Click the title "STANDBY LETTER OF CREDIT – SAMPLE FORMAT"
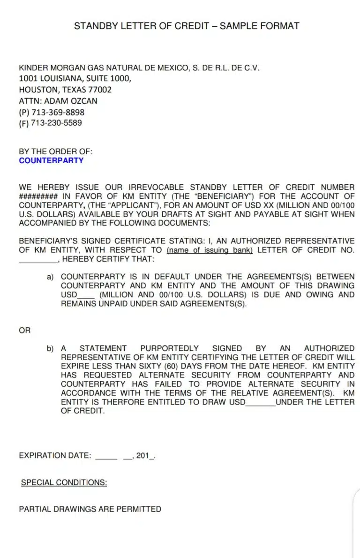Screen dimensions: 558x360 pyautogui.click(x=187, y=26)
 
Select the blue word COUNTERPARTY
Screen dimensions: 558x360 pyautogui.click(x=51, y=160)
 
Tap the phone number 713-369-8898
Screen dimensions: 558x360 pyautogui.click(x=58, y=112)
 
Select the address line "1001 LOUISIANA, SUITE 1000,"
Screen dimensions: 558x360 pyautogui.click(x=75, y=78)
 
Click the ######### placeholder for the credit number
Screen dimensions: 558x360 pyautogui.click(x=38, y=196)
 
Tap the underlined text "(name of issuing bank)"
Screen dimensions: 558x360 pyautogui.click(x=210, y=250)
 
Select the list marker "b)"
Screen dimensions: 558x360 pyautogui.click(x=50, y=348)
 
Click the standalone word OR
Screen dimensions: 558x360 pyautogui.click(x=25, y=331)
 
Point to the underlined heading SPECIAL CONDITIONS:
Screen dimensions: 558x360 pyautogui.click(x=64, y=483)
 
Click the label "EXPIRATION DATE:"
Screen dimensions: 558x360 pyautogui.click(x=55, y=455)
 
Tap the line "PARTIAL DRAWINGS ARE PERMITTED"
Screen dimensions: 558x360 pyautogui.click(x=90, y=509)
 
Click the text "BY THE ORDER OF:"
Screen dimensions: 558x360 pyautogui.click(x=56, y=151)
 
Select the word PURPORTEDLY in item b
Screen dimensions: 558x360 pyautogui.click(x=169, y=348)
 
